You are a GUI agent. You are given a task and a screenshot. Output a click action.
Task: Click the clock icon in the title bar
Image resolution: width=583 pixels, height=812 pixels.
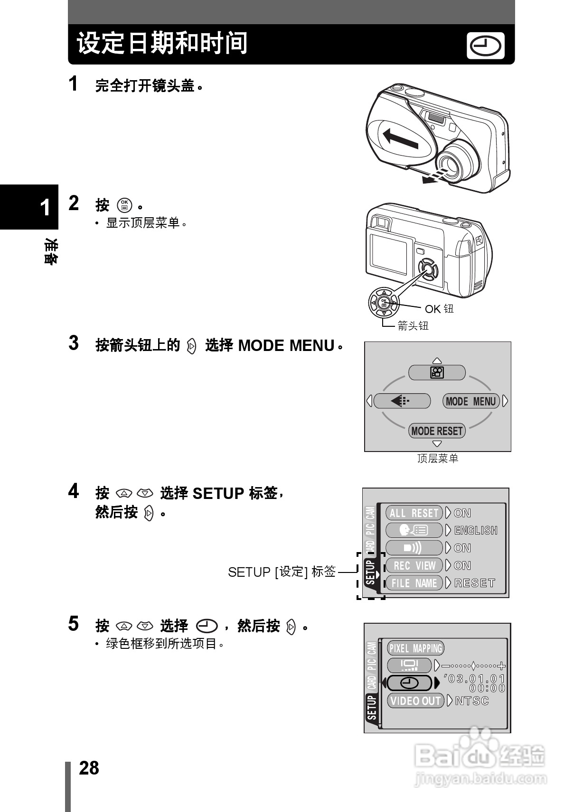coord(485,46)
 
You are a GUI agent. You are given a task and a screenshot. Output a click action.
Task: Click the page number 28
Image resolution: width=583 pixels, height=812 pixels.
coord(89,768)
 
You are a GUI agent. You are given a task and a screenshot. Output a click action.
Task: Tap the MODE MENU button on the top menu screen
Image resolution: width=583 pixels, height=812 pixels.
coord(471,401)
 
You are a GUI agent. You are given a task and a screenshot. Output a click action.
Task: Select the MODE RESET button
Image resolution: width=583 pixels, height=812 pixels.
coord(437,431)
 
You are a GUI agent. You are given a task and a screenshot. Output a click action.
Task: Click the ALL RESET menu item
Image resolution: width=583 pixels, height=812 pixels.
coord(414,513)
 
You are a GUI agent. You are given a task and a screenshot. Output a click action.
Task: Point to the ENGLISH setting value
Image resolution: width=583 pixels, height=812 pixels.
coord(476,530)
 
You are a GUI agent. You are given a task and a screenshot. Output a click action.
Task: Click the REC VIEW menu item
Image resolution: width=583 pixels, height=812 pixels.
coord(414,565)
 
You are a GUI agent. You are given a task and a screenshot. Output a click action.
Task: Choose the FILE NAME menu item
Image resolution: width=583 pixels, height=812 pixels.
coord(414,583)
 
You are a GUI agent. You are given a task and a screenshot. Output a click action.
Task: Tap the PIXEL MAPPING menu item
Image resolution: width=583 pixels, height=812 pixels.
coord(415,648)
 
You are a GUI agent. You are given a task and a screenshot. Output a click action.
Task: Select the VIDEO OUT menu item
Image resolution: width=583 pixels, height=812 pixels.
coord(415,701)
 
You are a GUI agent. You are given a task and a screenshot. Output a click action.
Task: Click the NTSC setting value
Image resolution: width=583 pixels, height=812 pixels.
coord(472,701)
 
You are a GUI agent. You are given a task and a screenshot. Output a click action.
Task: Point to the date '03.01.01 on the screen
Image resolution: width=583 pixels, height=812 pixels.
coord(474,679)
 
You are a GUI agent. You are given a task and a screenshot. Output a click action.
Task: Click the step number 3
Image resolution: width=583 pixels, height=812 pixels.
coord(74,343)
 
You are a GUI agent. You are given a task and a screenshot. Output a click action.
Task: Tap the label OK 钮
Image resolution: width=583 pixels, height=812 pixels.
coord(439,309)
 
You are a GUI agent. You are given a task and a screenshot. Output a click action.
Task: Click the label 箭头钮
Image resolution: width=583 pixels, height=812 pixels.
coord(413,325)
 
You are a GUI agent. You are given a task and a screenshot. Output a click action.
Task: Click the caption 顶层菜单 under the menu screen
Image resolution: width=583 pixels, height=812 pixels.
coord(437,459)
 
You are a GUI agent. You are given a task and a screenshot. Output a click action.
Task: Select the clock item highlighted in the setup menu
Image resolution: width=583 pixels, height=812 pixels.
coord(409,683)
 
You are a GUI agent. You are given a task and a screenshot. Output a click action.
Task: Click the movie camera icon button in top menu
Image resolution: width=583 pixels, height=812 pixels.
coord(437,373)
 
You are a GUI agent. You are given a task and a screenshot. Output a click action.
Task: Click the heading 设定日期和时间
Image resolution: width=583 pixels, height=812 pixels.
coord(162,44)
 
